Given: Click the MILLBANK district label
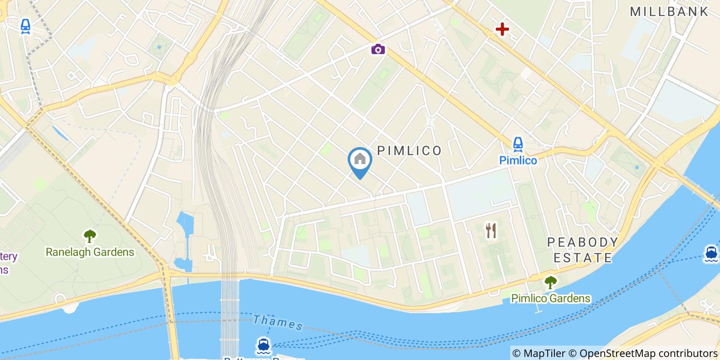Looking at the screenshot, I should click(669, 11).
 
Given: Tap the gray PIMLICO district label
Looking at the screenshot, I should click(409, 151).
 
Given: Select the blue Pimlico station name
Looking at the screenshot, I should click(518, 160).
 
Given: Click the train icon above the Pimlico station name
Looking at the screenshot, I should click(518, 144).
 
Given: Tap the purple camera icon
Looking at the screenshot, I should click(378, 49).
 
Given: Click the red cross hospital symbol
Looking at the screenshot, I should click(501, 29).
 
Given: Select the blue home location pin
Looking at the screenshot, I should click(360, 160).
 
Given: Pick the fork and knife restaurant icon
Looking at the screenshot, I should click(491, 230).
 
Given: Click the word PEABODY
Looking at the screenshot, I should click(582, 242).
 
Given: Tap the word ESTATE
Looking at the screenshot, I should click(583, 258).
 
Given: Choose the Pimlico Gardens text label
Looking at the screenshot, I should click(550, 298).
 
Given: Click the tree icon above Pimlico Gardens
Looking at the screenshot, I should click(550, 282).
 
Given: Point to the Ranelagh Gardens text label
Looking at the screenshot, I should click(90, 252).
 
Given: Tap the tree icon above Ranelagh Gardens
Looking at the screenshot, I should click(90, 236).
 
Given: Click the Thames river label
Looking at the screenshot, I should click(278, 322).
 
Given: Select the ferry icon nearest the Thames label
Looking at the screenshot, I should click(263, 345).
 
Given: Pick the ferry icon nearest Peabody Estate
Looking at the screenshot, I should click(711, 253).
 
